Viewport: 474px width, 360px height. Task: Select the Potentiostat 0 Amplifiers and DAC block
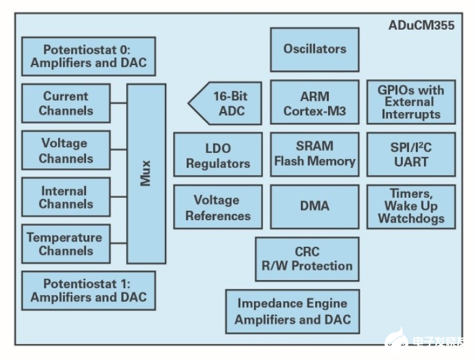click(x=88, y=56)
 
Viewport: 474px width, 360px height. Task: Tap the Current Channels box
click(x=66, y=103)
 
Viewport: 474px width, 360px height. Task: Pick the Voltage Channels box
click(x=66, y=150)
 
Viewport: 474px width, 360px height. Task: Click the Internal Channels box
click(x=66, y=197)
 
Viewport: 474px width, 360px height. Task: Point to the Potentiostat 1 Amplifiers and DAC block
click(x=88, y=290)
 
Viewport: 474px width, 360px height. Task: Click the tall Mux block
click(x=146, y=174)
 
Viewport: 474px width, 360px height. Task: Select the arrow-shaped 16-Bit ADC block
click(x=226, y=104)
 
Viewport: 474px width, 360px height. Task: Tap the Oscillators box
click(x=315, y=49)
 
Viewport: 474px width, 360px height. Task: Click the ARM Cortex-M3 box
click(x=315, y=103)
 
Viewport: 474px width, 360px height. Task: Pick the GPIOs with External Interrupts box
click(x=411, y=101)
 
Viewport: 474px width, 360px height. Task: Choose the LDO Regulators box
click(x=218, y=156)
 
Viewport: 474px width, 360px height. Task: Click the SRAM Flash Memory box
click(x=315, y=154)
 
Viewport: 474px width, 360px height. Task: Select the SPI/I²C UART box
click(x=411, y=154)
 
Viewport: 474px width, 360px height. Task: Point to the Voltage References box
click(x=218, y=208)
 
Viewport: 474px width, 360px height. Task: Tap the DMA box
click(x=315, y=206)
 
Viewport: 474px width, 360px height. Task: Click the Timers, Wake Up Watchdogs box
click(x=411, y=206)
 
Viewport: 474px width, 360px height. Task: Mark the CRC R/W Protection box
click(x=307, y=259)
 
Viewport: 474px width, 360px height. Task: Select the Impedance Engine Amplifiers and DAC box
click(x=292, y=311)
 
